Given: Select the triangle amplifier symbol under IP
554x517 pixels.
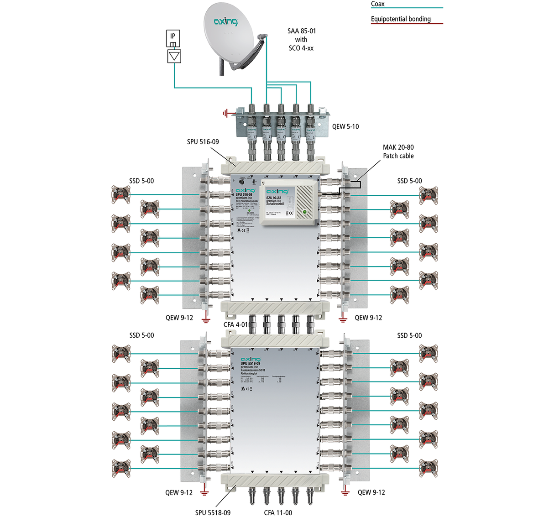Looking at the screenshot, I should (x=174, y=56).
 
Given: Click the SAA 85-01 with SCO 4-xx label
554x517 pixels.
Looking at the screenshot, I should (x=301, y=39).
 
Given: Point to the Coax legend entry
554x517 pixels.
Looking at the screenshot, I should (x=378, y=4).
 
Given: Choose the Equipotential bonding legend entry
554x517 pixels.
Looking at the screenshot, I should (x=401, y=19).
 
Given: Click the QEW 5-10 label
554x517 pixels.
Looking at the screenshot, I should (x=345, y=126).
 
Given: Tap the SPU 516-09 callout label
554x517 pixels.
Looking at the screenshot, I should (x=203, y=142).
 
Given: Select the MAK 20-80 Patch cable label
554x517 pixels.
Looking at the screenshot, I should (x=398, y=151).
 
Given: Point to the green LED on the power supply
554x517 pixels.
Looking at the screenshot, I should (x=304, y=212).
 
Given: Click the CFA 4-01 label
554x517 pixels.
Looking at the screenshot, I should (x=235, y=324).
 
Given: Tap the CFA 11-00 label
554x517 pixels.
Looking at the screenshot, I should (x=278, y=512).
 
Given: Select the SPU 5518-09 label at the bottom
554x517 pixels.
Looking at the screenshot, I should (x=213, y=512).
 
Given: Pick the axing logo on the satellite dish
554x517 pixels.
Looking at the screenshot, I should (x=226, y=21).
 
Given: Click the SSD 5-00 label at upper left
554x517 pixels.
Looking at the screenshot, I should (x=141, y=181).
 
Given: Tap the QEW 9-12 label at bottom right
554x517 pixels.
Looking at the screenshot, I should (x=371, y=492).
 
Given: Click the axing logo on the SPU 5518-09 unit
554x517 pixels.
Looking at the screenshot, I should (x=251, y=359).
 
